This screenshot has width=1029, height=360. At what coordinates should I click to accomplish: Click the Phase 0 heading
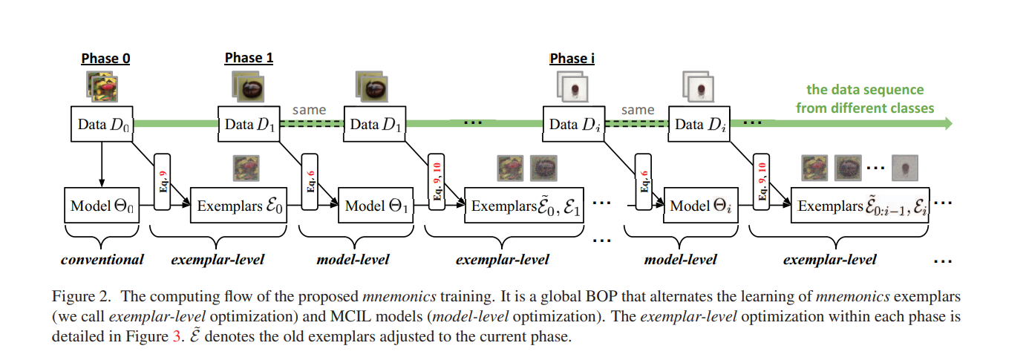click(105, 59)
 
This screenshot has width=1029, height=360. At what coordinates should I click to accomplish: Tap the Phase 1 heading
click(249, 58)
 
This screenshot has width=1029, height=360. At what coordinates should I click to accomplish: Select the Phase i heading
click(572, 59)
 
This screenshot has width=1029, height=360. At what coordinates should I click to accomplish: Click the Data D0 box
click(102, 124)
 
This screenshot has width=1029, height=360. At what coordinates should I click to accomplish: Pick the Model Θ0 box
click(102, 206)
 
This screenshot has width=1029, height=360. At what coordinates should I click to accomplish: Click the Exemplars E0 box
click(240, 206)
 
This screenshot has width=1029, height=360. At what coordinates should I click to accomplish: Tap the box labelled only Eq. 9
click(164, 183)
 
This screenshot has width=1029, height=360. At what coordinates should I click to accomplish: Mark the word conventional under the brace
click(102, 260)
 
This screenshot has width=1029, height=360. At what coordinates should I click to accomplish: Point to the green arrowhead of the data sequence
click(946, 124)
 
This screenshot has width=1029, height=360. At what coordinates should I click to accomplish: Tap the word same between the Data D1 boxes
click(309, 110)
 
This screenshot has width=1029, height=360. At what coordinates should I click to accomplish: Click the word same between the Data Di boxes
click(638, 110)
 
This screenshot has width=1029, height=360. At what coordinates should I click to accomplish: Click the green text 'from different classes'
click(865, 108)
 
